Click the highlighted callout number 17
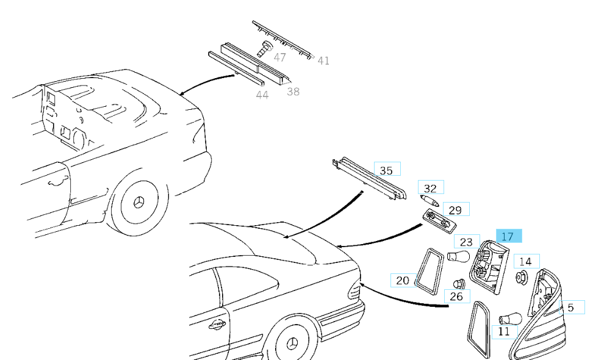508,236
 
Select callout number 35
386,170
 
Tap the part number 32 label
431,189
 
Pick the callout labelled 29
455,210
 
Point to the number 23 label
466,242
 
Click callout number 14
525,261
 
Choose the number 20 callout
402,281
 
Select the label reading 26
456,297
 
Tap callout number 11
503,331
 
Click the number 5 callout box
570,307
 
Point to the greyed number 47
279,57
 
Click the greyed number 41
323,60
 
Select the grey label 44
262,95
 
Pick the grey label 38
293,92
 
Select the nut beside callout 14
521,278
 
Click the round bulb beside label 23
458,256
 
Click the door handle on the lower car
216,325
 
